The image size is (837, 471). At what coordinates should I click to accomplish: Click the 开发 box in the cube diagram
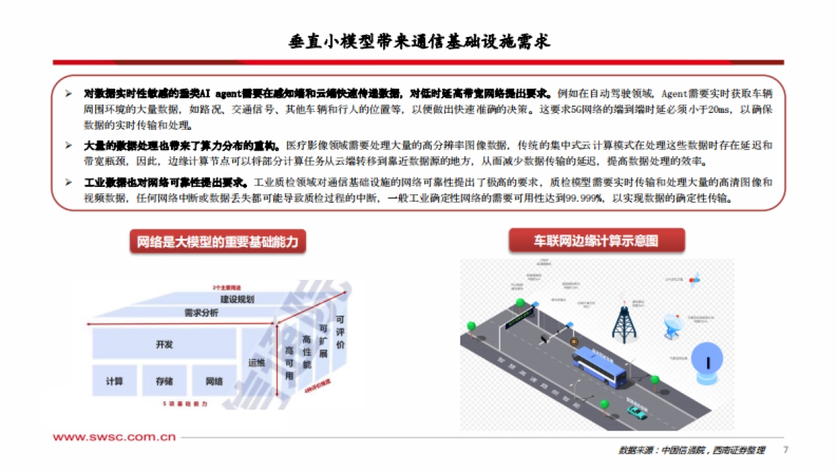(x=164, y=345)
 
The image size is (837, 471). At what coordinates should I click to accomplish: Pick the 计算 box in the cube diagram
(x=114, y=381)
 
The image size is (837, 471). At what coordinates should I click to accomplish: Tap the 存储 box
(x=165, y=381)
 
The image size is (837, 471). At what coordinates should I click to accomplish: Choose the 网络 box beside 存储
(x=214, y=381)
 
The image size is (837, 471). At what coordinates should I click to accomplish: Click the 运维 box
(x=257, y=363)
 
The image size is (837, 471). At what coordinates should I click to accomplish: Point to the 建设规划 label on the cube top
(x=237, y=299)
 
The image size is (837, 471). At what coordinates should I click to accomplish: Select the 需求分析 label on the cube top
(x=201, y=313)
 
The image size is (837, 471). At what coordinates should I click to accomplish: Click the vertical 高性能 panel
(x=306, y=350)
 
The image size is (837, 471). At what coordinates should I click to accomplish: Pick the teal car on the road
(x=635, y=412)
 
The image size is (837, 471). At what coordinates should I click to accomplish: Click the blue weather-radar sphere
(x=707, y=362)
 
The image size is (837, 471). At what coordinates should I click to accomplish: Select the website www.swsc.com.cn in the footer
(x=114, y=438)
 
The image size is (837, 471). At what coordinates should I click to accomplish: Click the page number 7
(x=786, y=449)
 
